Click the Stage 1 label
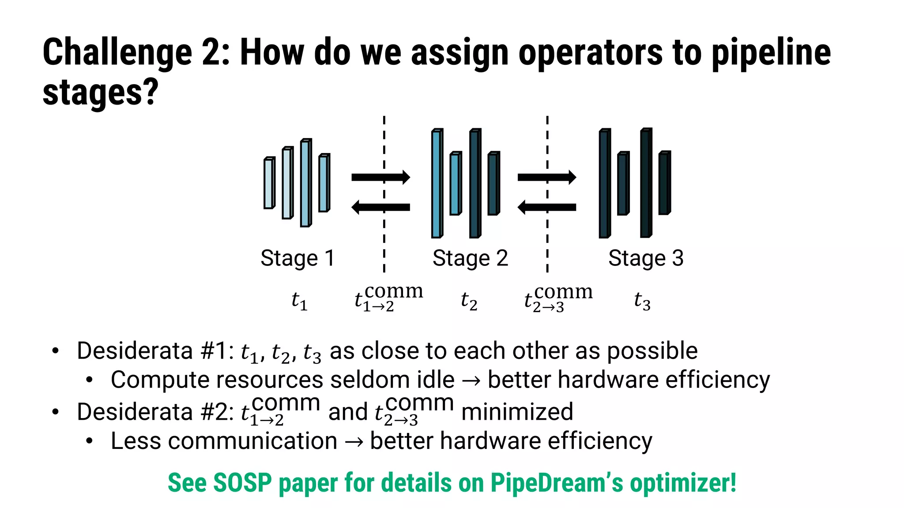point(297,258)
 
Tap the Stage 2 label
point(470,258)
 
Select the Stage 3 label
point(645,258)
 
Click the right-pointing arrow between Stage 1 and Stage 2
point(380,177)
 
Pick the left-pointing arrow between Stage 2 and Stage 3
point(546,207)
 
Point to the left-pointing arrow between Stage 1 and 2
point(380,207)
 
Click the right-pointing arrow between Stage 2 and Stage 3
point(546,177)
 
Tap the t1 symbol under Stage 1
point(299,301)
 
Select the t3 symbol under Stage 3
point(642,301)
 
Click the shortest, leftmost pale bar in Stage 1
point(269,183)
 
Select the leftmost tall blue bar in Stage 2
point(437,183)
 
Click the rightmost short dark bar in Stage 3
point(664,183)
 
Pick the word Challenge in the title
point(117,52)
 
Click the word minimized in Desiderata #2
point(517,412)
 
